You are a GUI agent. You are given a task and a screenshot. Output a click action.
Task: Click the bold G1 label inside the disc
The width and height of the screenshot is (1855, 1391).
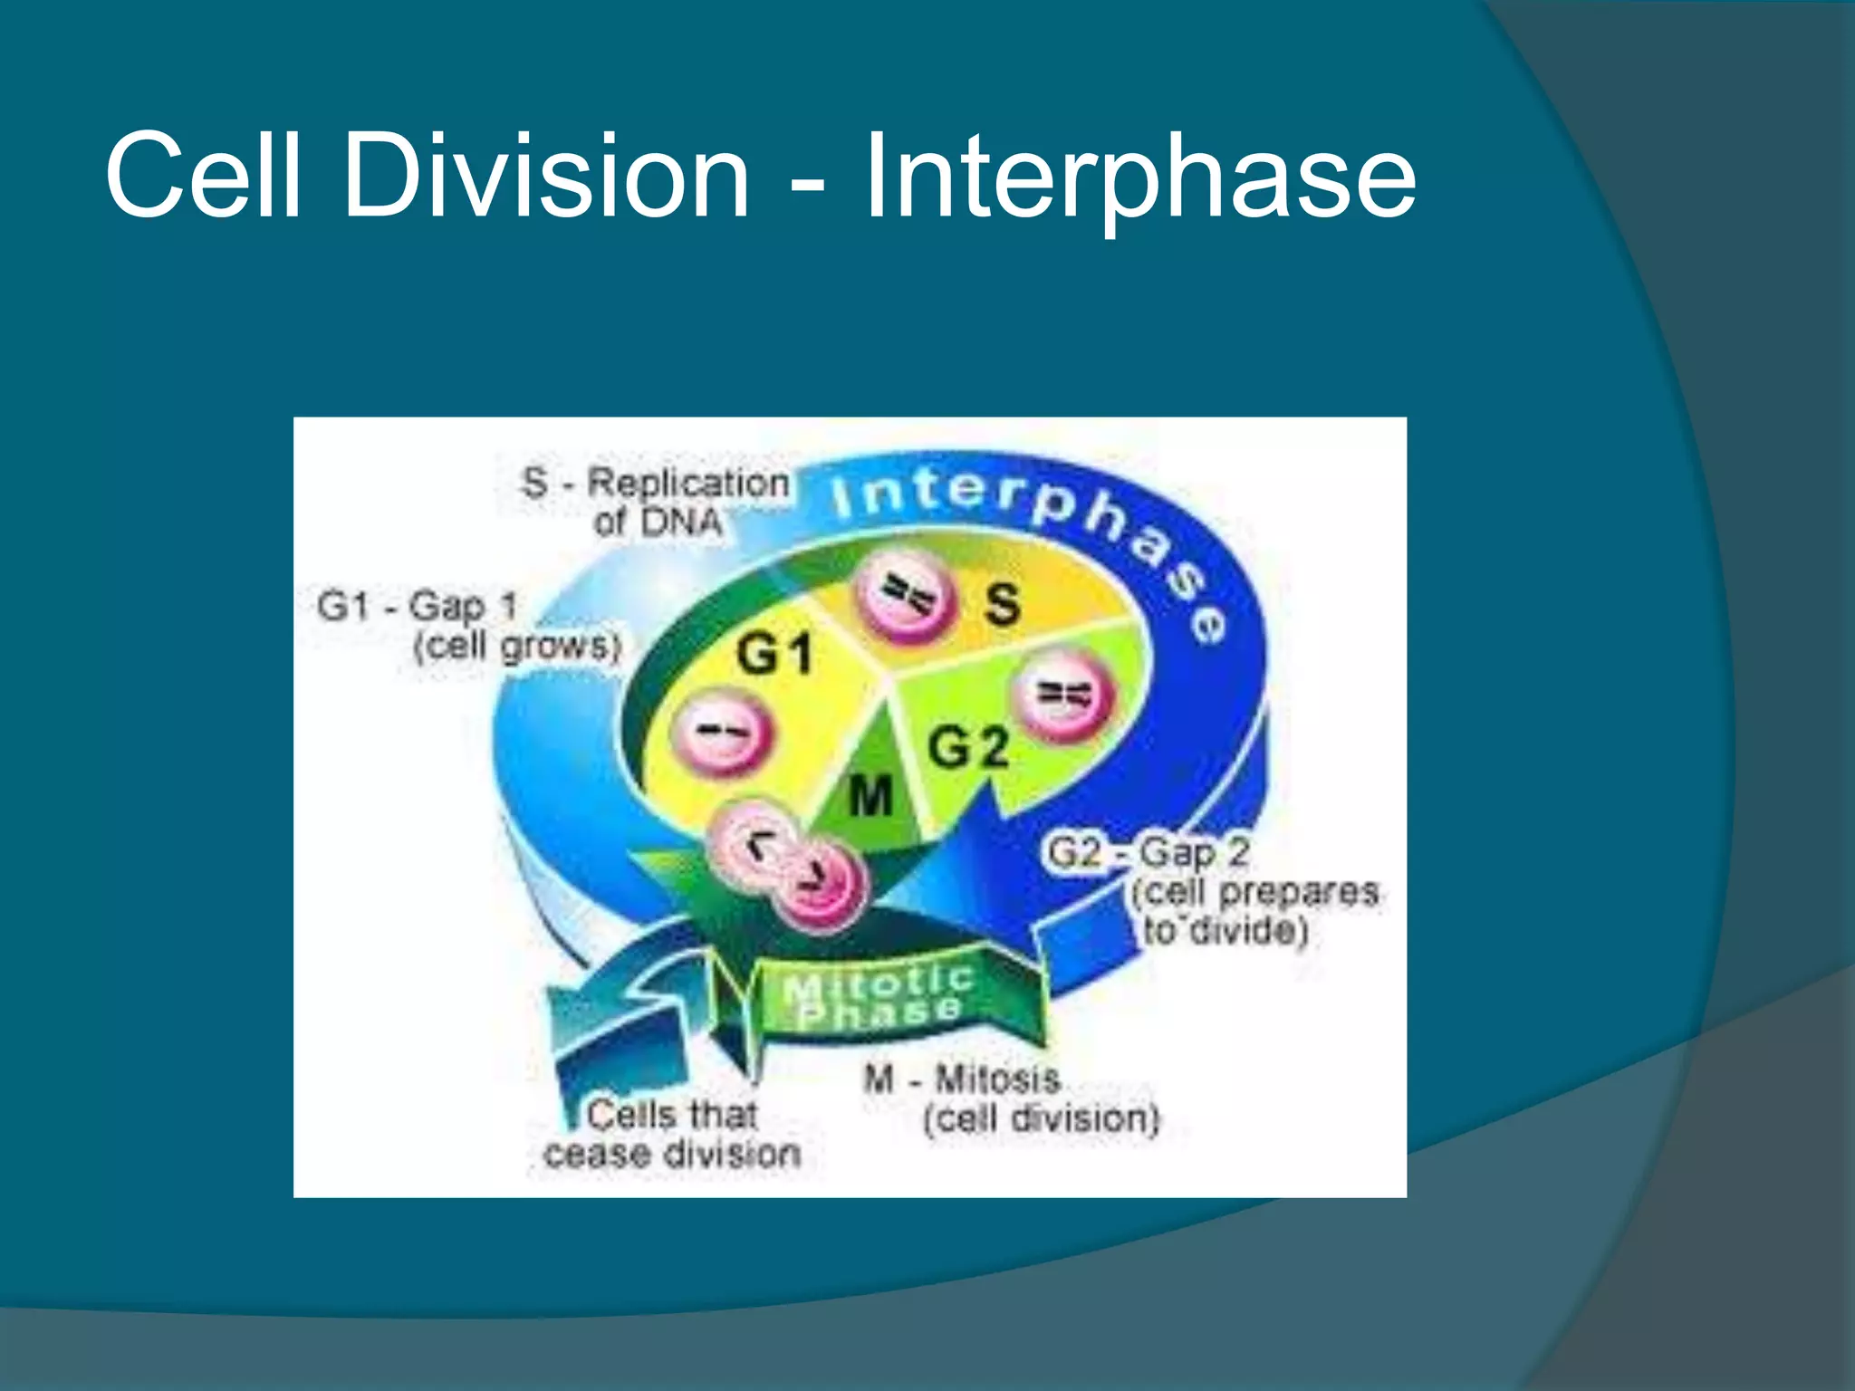click(774, 654)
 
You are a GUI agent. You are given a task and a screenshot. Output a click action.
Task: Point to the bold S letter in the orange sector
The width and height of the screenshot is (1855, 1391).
click(1002, 604)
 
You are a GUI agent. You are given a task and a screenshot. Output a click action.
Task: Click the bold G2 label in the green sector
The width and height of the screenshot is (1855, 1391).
click(967, 748)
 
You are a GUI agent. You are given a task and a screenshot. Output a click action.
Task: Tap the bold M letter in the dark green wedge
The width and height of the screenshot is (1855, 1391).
click(870, 798)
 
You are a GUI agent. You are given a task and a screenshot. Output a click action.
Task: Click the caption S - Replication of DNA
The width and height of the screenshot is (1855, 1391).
click(656, 501)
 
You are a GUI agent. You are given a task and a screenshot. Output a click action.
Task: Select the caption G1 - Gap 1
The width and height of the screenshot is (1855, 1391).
click(418, 605)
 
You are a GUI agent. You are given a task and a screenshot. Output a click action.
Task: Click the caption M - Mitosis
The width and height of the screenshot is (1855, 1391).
click(962, 1079)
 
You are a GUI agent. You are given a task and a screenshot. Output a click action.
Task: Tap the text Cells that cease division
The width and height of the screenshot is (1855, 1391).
click(672, 1134)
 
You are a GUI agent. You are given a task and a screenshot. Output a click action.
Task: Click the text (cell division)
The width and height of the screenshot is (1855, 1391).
click(1041, 1119)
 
